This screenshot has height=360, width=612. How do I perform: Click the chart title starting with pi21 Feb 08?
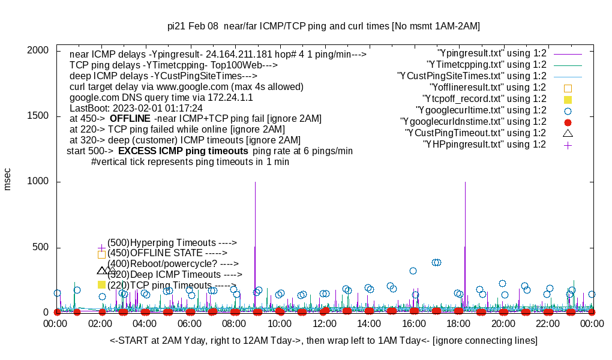click(x=323, y=26)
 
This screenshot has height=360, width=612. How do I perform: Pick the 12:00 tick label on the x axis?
click(x=325, y=324)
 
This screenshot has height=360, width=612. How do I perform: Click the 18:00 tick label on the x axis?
click(x=458, y=324)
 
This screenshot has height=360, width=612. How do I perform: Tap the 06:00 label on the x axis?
click(x=190, y=324)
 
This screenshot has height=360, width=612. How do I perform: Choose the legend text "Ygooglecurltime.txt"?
click(x=481, y=110)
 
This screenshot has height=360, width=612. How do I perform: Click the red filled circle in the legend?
click(x=568, y=122)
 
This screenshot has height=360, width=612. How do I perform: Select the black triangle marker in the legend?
click(x=568, y=133)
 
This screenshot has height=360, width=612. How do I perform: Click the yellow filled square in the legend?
click(x=568, y=99)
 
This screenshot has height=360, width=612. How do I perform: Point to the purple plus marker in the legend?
click(x=568, y=145)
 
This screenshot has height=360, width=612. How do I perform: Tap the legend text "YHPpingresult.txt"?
click(x=484, y=145)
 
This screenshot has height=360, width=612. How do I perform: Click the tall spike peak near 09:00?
click(x=256, y=182)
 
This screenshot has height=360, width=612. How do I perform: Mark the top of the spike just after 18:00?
click(x=465, y=182)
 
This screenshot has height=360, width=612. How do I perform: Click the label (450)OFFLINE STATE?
click(x=163, y=253)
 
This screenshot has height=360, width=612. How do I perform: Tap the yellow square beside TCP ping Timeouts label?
click(x=101, y=285)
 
